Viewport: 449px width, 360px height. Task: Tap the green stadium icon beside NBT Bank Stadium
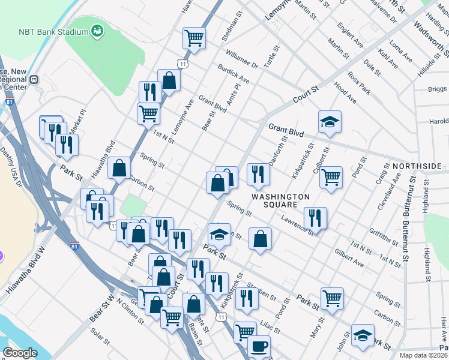(x=96, y=31)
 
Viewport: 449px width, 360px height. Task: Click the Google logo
(x=20, y=353)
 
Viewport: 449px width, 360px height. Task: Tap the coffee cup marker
(x=259, y=346)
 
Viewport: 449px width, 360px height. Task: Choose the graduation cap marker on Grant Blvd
(x=330, y=122)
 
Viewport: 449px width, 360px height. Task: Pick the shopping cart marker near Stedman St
(x=194, y=38)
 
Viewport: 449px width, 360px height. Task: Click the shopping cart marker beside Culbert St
(x=331, y=177)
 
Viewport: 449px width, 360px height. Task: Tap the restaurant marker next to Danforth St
(x=258, y=174)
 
